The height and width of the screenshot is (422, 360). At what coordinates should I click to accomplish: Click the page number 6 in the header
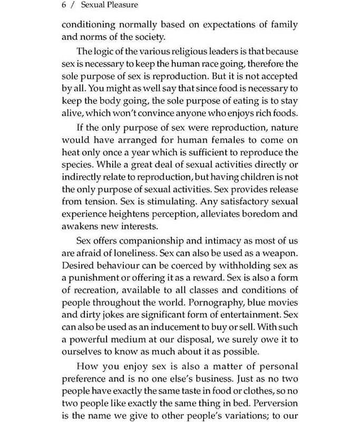[64, 5]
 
